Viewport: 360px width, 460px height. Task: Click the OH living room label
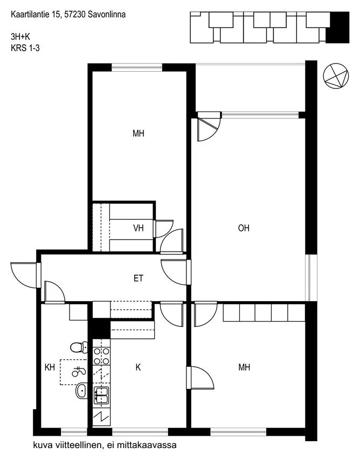[244, 228]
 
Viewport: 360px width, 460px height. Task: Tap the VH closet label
[139, 228]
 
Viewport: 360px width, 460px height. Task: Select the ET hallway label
[139, 278]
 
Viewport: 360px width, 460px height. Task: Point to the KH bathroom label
[50, 367]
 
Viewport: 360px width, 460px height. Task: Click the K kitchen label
[138, 367]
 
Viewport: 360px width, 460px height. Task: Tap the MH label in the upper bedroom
[139, 134]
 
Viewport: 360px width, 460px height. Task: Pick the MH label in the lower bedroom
[244, 367]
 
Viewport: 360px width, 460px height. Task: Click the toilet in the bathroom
[79, 347]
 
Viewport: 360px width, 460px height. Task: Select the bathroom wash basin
[81, 391]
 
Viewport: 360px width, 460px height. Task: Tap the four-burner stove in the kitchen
[101, 356]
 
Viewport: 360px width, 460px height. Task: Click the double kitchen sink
[101, 396]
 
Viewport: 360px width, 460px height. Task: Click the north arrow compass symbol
[336, 76]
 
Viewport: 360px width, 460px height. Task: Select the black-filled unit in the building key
[338, 27]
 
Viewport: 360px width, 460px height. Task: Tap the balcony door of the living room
[209, 127]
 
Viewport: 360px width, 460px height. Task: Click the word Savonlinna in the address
[107, 15]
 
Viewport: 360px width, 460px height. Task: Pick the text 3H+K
[20, 37]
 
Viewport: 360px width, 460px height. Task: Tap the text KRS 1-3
[25, 48]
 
